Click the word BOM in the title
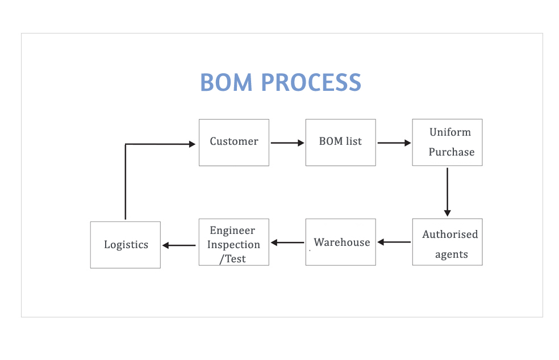(x=226, y=82)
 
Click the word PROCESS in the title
(x=311, y=82)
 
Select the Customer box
(x=234, y=143)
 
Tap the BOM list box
(x=340, y=143)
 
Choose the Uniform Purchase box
(x=448, y=142)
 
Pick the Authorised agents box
(x=448, y=242)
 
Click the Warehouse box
(x=340, y=242)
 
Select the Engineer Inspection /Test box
(x=234, y=242)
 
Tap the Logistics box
(x=126, y=245)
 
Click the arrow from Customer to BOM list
(x=287, y=143)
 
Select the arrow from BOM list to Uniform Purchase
(x=394, y=143)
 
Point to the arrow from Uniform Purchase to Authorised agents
(x=448, y=192)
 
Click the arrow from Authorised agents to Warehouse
(x=394, y=242)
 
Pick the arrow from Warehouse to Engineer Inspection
(x=287, y=242)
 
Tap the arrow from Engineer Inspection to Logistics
(x=179, y=245)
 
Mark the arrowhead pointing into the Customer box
(x=192, y=144)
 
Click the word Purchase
(x=451, y=152)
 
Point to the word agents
(x=451, y=254)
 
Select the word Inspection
(x=233, y=245)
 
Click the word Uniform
(x=450, y=132)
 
